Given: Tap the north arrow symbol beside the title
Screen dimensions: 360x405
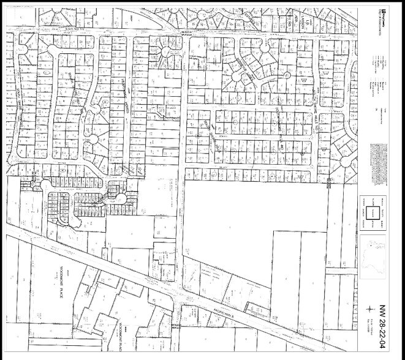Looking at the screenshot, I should (369, 310).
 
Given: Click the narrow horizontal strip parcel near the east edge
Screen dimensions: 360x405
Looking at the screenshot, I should (341, 271).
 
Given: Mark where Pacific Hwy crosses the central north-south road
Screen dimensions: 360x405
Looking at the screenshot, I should (181, 293).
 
